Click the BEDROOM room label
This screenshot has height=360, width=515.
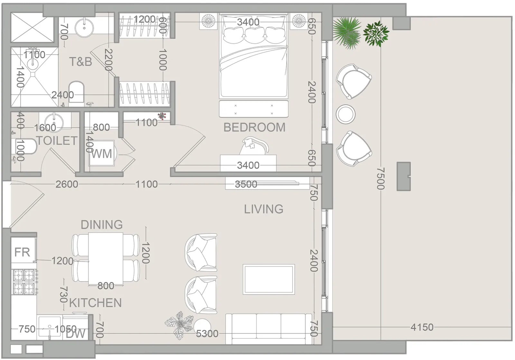254,128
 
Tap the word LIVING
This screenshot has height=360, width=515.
264,209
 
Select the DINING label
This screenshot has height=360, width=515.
102,224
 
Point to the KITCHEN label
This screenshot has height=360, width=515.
95,303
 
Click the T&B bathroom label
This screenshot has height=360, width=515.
80,62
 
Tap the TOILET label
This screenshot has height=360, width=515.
57,140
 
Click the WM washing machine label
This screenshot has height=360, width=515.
102,154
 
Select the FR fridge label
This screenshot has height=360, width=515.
22,252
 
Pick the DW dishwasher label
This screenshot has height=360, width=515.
75,334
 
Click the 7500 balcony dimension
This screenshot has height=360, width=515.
380,178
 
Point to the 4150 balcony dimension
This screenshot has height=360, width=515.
422,327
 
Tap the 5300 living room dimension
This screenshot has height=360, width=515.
207,334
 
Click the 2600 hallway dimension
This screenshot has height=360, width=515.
67,184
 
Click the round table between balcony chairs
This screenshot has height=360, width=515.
345,114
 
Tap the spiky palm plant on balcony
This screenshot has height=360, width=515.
347,33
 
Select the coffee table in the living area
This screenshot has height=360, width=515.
269,279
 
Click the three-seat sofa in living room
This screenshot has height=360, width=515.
268,329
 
